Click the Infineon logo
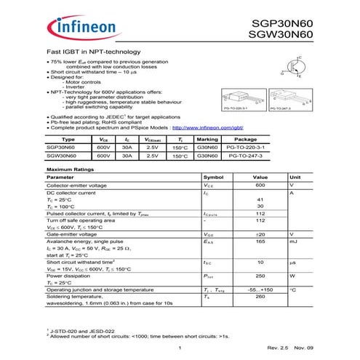click(81, 28)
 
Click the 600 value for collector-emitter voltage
click(260, 185)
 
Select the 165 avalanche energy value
click(260, 241)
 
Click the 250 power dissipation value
click(260, 276)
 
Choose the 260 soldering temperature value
click(260, 296)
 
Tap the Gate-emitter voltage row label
click(72, 234)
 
